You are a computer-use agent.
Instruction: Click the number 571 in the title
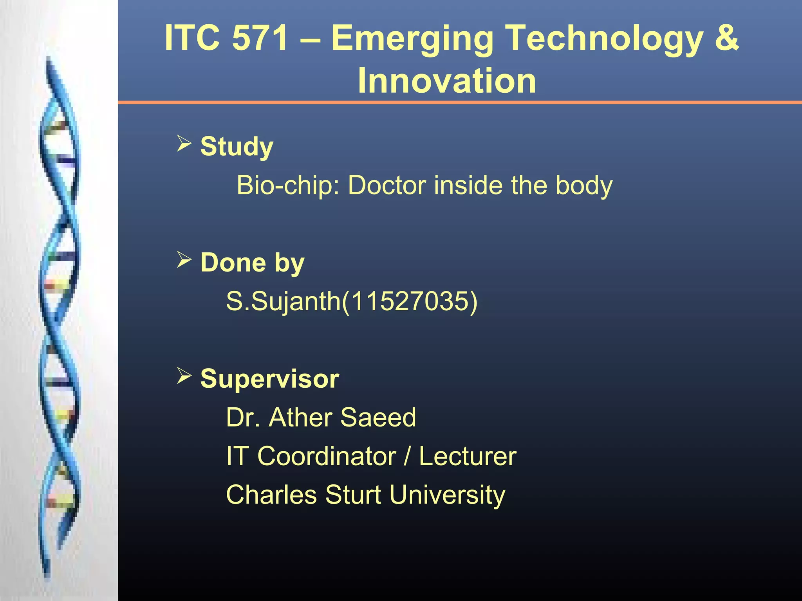[260, 38]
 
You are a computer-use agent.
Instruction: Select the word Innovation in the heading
[447, 81]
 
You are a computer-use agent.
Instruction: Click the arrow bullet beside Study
[184, 143]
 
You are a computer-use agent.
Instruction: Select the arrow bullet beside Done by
[184, 260]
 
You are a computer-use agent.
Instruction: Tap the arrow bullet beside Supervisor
[184, 376]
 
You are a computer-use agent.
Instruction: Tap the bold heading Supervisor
[269, 379]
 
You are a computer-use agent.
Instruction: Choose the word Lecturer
[468, 456]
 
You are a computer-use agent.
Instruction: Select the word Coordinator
[327, 456]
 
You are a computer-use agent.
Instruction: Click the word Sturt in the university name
[353, 495]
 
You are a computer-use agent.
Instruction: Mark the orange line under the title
[460, 103]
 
